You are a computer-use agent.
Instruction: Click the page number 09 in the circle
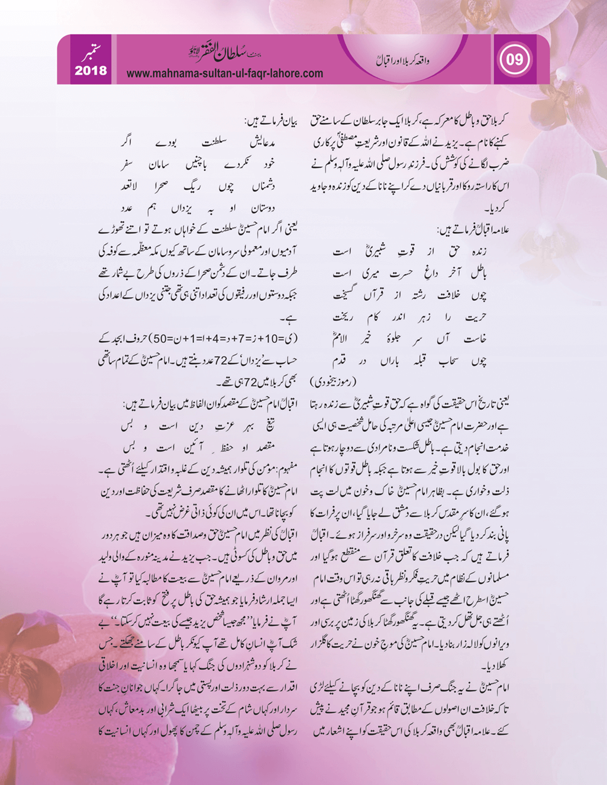point(514,60)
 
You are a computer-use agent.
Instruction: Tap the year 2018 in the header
point(91,71)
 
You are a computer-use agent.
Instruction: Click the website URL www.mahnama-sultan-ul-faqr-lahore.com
point(225,74)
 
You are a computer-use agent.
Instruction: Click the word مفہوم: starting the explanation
point(289,469)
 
